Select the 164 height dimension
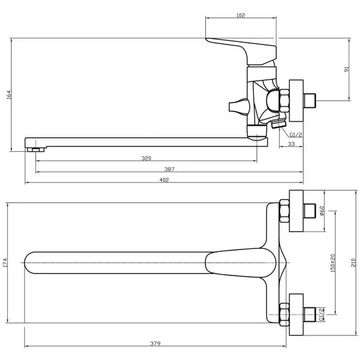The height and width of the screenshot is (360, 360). click(8, 95)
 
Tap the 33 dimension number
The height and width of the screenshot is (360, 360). click(290, 145)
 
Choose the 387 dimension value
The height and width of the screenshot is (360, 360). click(169, 169)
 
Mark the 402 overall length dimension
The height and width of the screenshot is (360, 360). click(163, 180)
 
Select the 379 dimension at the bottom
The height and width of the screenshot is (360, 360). click(155, 344)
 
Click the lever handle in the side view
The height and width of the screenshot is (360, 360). click(234, 47)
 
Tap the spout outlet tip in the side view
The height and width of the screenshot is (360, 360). click(35, 146)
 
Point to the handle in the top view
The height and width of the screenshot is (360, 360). click(240, 263)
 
